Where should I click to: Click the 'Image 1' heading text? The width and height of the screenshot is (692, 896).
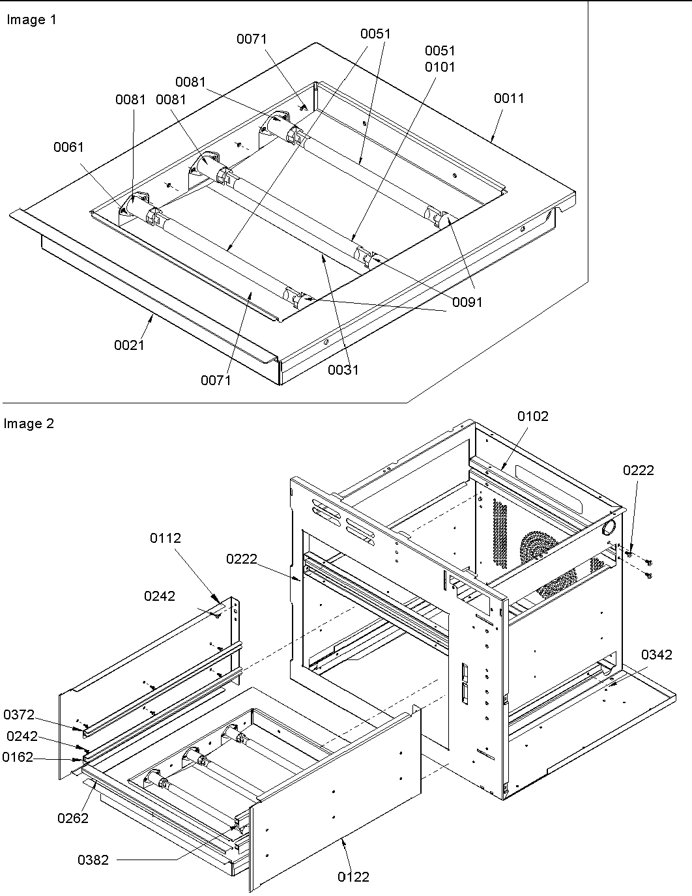(x=31, y=20)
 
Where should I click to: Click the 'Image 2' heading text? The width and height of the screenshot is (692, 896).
(x=29, y=424)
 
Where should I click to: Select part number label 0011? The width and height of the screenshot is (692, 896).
(x=509, y=98)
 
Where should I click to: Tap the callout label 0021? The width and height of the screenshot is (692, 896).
(x=130, y=345)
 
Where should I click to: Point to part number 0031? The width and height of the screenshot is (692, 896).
(x=343, y=370)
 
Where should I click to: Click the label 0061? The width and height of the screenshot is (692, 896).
(x=68, y=147)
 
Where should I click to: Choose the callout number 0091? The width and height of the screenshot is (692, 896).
(x=467, y=302)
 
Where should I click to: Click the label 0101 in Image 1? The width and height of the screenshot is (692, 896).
(x=440, y=67)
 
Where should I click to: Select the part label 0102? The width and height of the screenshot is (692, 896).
(x=533, y=416)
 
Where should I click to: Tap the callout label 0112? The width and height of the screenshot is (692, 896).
(x=166, y=538)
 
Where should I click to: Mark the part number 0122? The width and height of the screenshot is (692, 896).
(x=353, y=877)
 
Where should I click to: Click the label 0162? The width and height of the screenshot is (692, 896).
(x=18, y=757)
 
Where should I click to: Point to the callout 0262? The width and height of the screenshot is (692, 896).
(x=73, y=818)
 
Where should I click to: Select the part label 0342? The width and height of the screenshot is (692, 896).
(x=656, y=655)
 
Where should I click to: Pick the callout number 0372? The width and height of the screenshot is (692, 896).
(x=19, y=715)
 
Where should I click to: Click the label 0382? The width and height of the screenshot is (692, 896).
(x=94, y=860)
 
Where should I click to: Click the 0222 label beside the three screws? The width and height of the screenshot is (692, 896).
(x=639, y=470)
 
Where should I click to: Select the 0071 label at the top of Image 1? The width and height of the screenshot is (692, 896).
(x=252, y=40)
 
